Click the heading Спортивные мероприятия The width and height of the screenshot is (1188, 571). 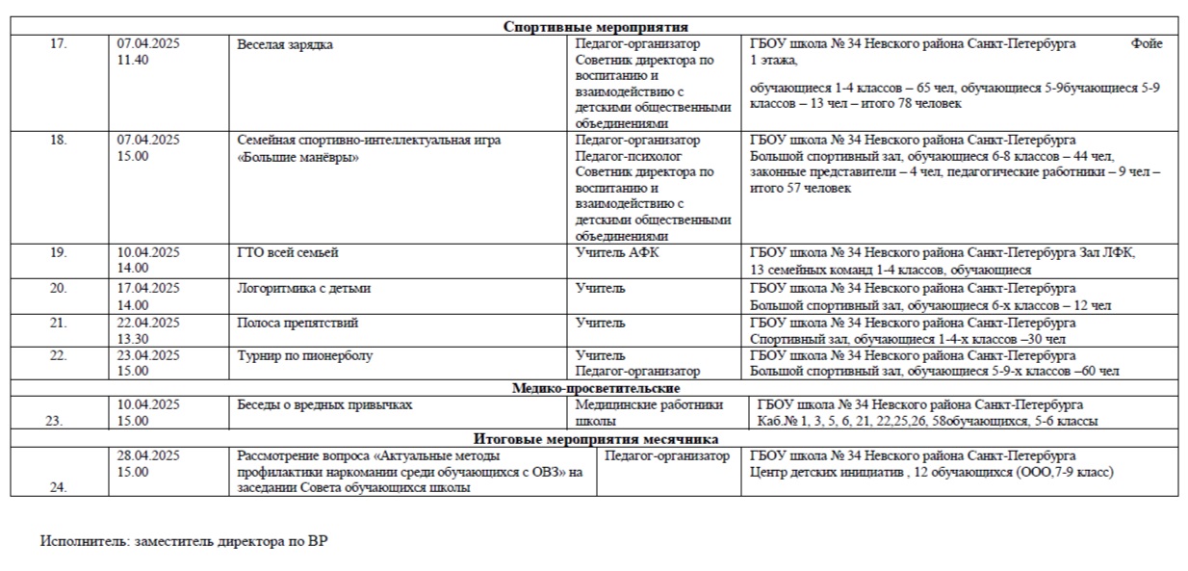[x=595, y=27]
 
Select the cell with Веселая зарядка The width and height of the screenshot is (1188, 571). [x=285, y=44]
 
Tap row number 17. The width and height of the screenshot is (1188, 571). [x=59, y=43]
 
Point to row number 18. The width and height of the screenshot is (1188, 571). [x=59, y=140]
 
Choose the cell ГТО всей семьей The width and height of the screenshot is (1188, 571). [x=287, y=253]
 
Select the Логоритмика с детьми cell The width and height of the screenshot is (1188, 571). [x=303, y=288]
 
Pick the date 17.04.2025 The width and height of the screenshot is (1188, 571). [x=148, y=288]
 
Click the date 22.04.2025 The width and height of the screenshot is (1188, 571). [x=148, y=323]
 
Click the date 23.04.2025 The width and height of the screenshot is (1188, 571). [x=148, y=355]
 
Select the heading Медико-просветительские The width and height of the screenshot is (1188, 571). [x=594, y=388]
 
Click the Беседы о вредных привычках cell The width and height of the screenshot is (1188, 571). [x=324, y=404]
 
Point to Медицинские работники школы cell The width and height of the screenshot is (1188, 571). [x=649, y=412]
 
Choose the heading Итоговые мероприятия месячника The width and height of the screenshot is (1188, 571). [x=594, y=439]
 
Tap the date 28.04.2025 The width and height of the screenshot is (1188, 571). [x=148, y=455]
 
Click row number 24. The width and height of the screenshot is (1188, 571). [x=59, y=487]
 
